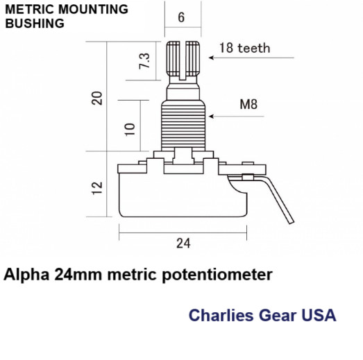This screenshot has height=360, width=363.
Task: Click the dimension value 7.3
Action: (144, 61)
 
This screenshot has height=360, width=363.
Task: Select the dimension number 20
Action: (96, 98)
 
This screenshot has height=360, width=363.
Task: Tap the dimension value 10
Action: (130, 130)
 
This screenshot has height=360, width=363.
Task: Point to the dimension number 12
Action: (97, 188)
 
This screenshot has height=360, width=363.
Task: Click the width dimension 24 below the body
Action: (183, 243)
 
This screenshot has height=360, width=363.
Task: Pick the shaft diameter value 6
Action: (181, 17)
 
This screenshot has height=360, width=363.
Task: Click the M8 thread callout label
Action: (248, 104)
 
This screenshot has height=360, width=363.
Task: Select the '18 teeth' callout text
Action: (245, 48)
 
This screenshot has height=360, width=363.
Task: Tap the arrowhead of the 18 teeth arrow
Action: (211, 58)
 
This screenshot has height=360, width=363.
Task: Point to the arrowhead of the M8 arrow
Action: (211, 116)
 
